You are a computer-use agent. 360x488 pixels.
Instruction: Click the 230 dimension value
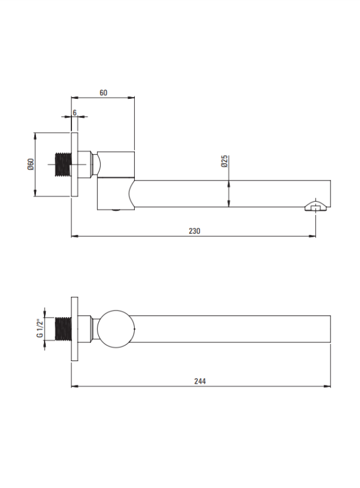(x=194, y=231)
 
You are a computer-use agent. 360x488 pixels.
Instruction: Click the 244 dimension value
(x=200, y=381)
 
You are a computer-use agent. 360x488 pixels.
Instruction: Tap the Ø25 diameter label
(x=224, y=161)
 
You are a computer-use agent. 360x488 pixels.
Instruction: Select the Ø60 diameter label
(x=31, y=164)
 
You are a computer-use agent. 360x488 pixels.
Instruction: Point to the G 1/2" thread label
(x=40, y=328)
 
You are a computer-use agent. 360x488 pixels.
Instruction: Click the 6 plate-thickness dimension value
(x=74, y=112)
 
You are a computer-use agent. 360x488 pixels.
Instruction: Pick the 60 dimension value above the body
(x=103, y=93)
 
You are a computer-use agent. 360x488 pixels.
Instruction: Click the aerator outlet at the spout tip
(x=316, y=206)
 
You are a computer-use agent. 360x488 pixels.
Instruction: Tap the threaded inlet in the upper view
(x=63, y=164)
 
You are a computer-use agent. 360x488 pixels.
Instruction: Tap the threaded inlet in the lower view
(x=63, y=329)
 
